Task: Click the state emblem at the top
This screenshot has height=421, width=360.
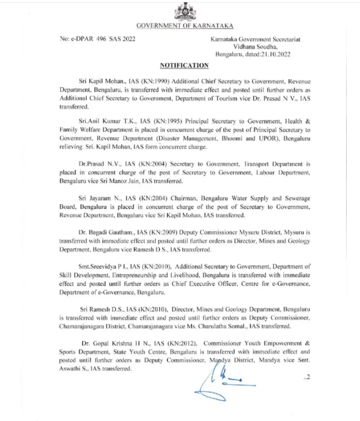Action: [182, 11]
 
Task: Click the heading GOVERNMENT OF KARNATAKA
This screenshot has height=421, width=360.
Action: [182, 25]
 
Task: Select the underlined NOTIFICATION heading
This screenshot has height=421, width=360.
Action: [184, 65]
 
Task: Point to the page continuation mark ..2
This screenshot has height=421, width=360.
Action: [307, 377]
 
